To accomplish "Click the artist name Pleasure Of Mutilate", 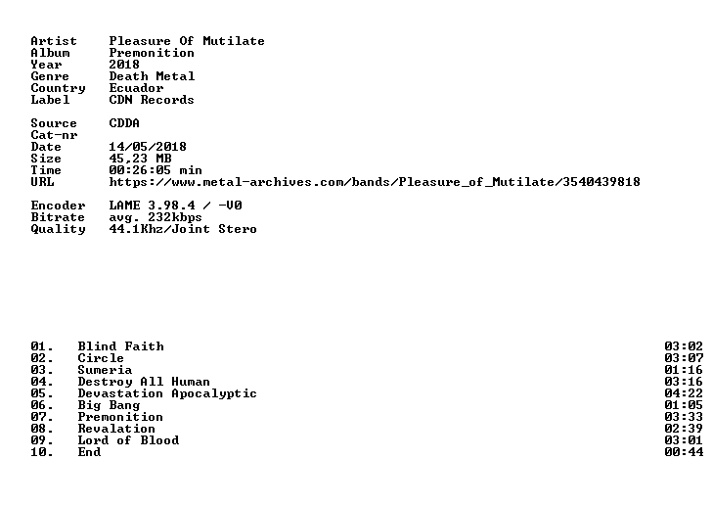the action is click(187, 41).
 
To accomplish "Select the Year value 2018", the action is click(124, 65).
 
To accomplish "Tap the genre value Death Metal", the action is click(152, 76).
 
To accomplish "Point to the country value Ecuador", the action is click(136, 88).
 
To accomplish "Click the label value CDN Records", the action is click(152, 100).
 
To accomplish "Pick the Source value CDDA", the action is click(124, 123).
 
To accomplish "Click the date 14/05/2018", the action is click(148, 147).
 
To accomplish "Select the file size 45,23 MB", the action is click(140, 159).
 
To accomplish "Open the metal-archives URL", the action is click(375, 182).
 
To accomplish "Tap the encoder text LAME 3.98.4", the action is click(152, 206).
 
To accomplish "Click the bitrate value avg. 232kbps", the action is click(156, 217).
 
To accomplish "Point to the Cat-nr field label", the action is click(54, 135).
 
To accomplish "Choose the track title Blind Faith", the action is click(121, 346).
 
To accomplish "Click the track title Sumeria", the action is click(105, 370).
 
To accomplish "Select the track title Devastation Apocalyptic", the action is click(167, 393).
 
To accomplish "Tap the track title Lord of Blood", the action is click(128, 440).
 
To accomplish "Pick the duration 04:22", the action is click(684, 393).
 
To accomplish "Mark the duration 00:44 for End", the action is click(684, 452).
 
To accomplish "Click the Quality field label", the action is click(58, 229).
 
